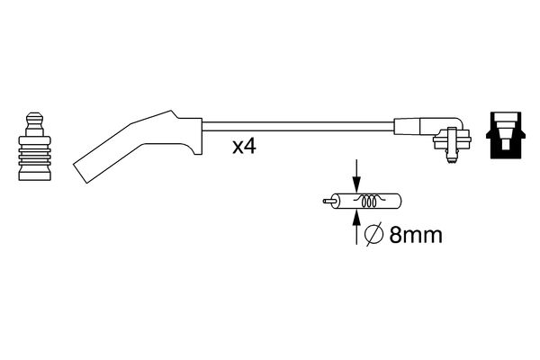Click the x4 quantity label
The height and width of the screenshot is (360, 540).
[244, 147]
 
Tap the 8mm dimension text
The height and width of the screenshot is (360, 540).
[416, 235]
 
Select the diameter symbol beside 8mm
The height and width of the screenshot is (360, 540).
[374, 235]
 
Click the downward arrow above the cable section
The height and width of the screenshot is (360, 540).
[356, 175]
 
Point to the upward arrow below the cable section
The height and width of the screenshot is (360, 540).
[356, 228]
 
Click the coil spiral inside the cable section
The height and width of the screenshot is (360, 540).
[369, 201]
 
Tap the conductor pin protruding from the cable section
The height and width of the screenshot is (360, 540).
[328, 201]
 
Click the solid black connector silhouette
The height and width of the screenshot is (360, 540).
[506, 135]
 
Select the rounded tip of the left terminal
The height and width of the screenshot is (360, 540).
[35, 118]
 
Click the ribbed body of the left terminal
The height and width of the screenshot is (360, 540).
[35, 151]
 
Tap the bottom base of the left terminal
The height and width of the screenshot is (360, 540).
[35, 174]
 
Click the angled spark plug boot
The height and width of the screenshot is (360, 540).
[138, 146]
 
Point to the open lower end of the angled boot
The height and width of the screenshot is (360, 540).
[80, 174]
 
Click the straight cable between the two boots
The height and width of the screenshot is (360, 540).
[298, 126]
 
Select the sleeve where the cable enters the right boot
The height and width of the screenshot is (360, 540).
[407, 126]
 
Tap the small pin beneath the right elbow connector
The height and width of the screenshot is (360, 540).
[451, 157]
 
